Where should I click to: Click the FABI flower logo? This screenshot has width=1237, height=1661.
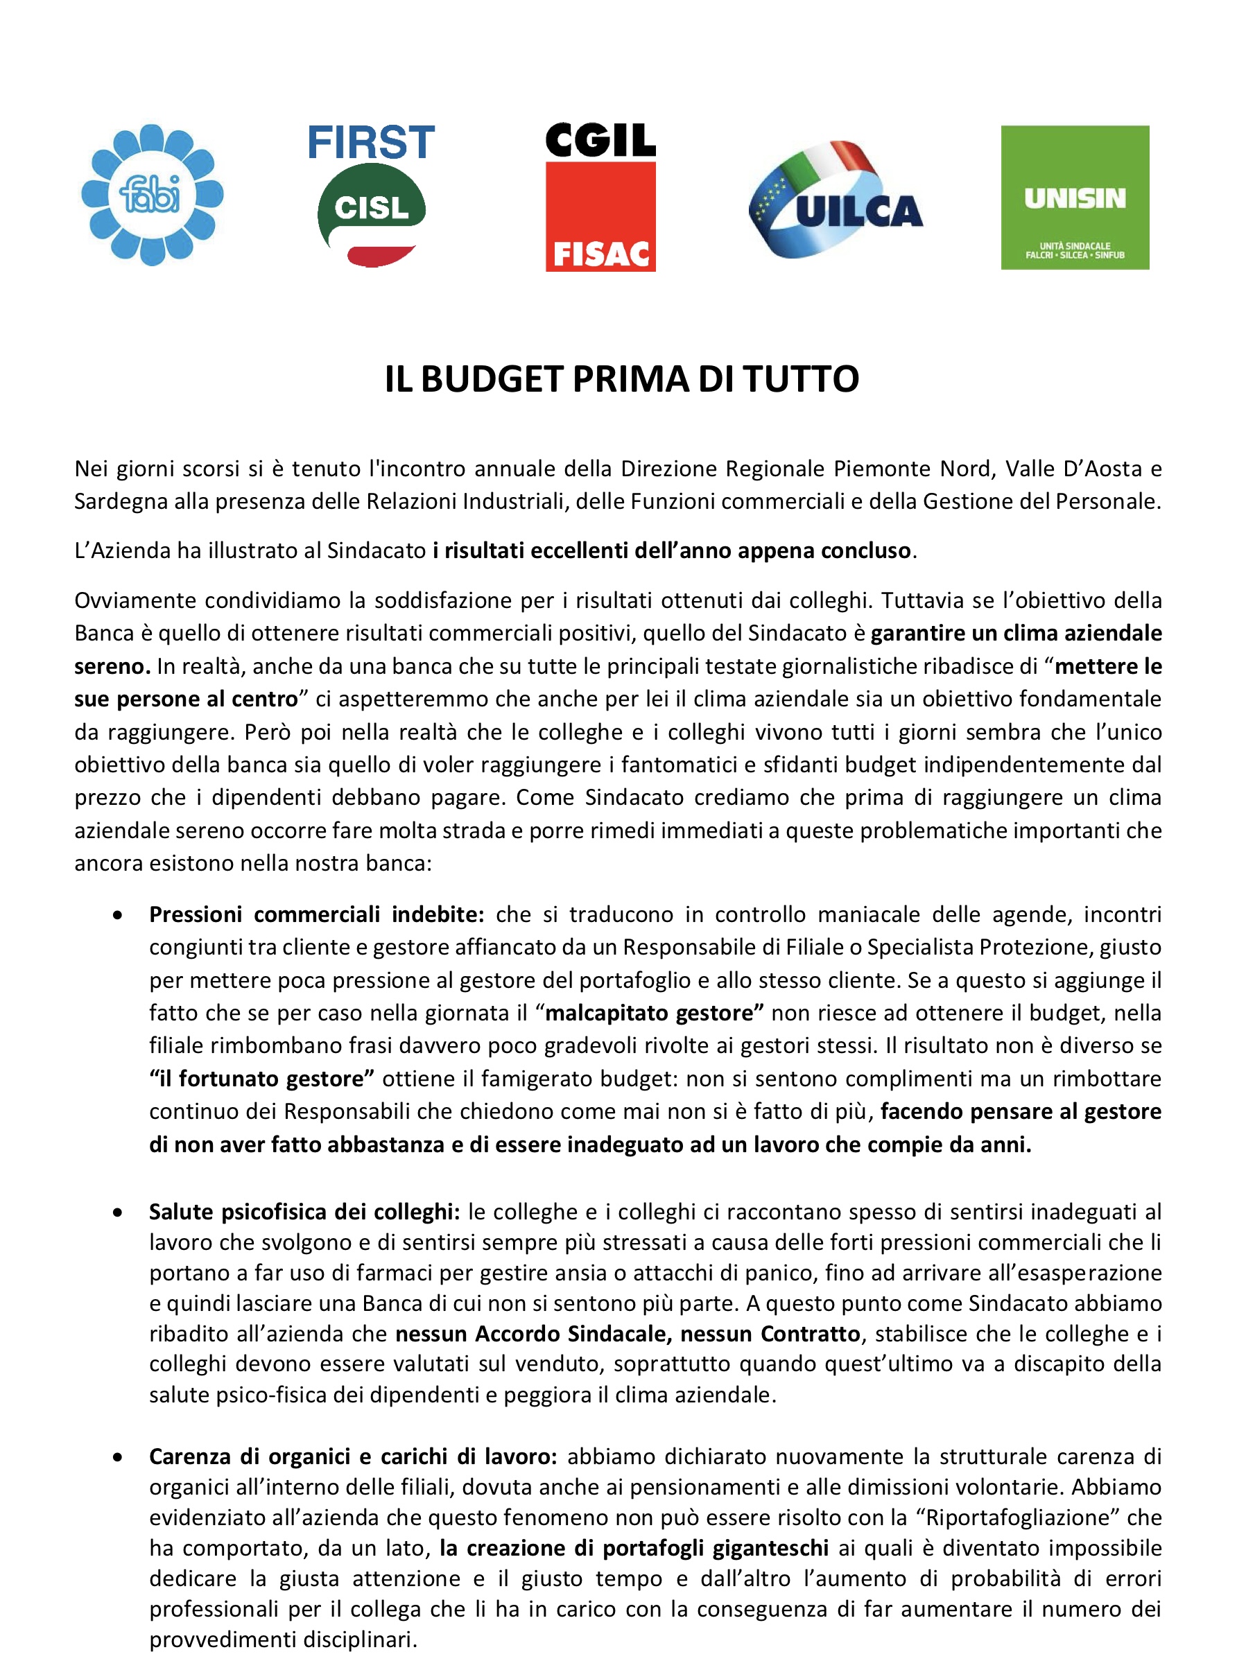tap(152, 195)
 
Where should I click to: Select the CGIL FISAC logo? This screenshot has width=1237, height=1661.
tap(600, 197)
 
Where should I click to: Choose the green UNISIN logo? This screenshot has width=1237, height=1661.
tap(1075, 197)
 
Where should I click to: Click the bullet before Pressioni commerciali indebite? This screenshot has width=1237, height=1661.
tap(118, 914)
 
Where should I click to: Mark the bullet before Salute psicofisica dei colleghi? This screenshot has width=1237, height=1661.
tap(118, 1212)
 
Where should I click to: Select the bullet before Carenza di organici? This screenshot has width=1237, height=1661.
tap(118, 1456)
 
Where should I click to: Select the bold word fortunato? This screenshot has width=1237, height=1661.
tap(228, 1079)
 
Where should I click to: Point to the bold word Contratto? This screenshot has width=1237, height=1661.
tap(809, 1334)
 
